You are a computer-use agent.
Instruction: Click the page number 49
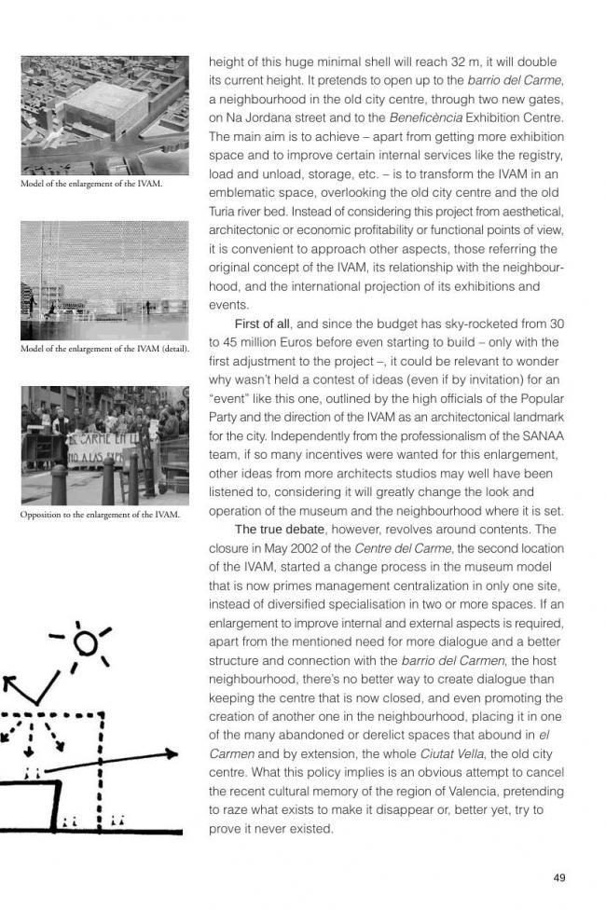click(x=559, y=877)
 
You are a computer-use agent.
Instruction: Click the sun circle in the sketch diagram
click(x=86, y=642)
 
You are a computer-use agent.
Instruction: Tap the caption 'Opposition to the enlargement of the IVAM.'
click(x=100, y=515)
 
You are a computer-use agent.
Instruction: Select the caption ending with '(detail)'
click(x=104, y=349)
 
